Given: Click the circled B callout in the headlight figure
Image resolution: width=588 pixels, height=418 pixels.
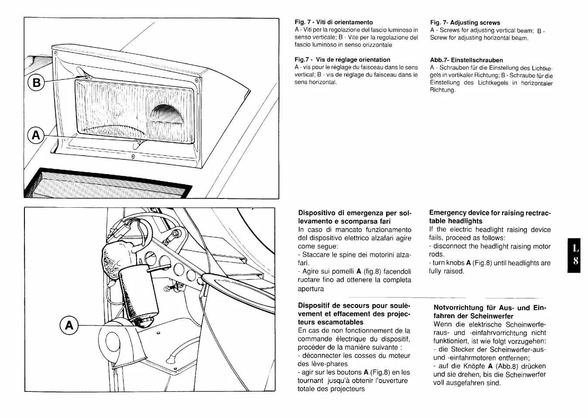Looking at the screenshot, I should click(x=37, y=82).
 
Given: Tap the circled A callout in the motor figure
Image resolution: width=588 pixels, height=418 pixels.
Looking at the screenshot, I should click(x=69, y=326).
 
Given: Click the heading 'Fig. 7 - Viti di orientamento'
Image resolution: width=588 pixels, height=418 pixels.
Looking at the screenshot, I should click(x=334, y=22).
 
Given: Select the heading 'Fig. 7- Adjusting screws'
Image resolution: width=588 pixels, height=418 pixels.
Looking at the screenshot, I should click(x=465, y=23).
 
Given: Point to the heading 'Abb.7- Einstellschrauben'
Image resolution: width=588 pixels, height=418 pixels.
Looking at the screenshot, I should click(x=466, y=60).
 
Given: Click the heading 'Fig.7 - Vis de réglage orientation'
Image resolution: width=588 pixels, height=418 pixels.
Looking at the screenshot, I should click(x=342, y=60).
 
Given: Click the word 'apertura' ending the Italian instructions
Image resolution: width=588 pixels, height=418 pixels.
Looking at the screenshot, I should click(x=311, y=289).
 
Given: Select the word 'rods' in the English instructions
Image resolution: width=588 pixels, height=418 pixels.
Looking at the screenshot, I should click(x=436, y=254).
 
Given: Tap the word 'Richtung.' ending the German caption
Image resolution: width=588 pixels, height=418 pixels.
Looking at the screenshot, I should click(x=442, y=90).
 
